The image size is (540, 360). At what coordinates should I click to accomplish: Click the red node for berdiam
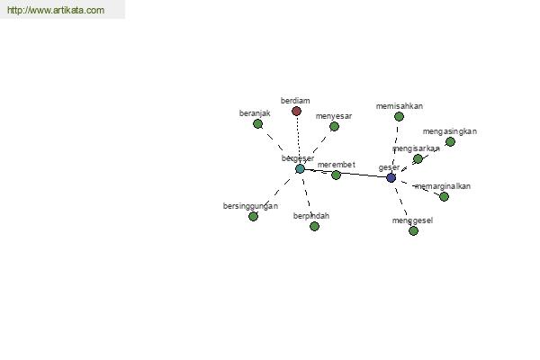296,112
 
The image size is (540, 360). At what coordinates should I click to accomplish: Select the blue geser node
391,178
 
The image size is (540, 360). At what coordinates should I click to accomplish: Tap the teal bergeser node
300,169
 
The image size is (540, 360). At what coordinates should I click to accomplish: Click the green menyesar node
334,127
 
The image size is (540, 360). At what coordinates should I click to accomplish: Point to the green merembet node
336,175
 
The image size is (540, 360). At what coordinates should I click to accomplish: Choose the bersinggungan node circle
253,217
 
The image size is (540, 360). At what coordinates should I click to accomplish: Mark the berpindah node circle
314,227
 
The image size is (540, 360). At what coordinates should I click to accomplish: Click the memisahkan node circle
399,117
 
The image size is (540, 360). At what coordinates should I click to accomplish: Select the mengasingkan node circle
450,142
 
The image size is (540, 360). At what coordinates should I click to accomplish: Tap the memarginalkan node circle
444,197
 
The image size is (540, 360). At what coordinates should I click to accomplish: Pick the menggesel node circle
413,231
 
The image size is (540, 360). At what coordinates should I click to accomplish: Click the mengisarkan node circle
418,159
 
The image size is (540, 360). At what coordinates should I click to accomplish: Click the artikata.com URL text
55,11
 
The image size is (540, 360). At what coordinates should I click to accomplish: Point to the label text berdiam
295,101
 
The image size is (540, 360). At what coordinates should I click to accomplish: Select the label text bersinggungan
250,206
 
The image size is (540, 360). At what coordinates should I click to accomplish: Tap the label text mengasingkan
449,131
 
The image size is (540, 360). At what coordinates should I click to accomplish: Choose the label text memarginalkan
443,186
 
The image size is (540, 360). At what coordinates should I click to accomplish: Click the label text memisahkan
400,106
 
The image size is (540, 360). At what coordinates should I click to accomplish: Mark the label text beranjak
255,113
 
